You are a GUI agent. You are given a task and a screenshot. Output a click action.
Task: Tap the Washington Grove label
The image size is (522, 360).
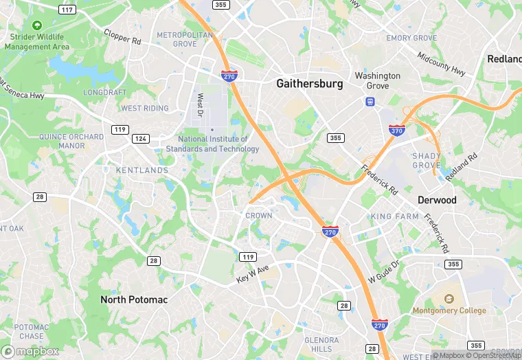click(377, 80)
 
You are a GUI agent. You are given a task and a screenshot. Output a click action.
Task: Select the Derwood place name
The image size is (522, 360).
click(437, 200)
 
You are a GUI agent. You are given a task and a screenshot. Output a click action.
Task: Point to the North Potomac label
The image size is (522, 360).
click(134, 300)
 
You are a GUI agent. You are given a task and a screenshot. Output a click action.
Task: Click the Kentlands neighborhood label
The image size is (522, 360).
click(142, 170)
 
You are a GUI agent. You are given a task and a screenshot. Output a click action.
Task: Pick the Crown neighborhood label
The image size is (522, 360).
click(259, 215)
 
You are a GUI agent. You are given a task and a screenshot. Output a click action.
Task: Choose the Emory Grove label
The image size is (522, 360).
click(411, 38)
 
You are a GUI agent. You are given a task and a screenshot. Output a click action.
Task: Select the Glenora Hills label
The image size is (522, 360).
click(321, 344)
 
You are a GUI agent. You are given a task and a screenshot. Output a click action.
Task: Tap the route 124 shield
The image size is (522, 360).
click(141, 139)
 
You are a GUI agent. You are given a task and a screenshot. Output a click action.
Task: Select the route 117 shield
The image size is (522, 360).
click(67, 10)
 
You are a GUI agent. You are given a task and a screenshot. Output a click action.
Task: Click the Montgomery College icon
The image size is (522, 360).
click(449, 300)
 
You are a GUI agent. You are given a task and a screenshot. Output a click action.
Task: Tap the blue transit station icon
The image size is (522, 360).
click(370, 102)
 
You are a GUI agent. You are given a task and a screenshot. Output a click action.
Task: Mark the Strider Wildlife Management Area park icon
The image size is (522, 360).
click(36, 35)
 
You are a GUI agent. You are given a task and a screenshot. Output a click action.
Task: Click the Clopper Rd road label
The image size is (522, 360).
click(122, 36)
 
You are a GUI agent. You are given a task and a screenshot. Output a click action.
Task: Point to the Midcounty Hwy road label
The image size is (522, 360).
click(441, 64)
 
